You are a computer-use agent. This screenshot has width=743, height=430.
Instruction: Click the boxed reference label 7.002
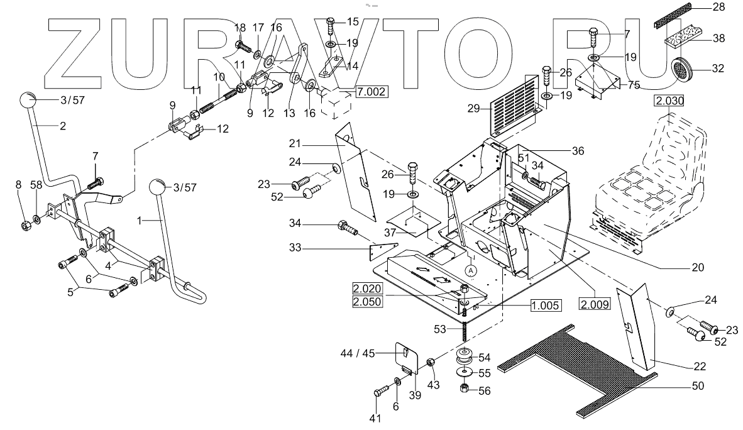371,92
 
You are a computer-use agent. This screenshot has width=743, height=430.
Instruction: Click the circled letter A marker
470,270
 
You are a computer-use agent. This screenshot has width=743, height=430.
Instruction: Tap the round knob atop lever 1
158,187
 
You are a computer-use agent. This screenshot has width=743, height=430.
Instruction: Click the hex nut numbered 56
465,389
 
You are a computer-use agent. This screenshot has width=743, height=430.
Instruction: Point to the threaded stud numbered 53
465,331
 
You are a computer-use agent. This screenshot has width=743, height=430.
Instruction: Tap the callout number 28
719,8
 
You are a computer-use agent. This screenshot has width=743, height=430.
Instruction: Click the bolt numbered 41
379,391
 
